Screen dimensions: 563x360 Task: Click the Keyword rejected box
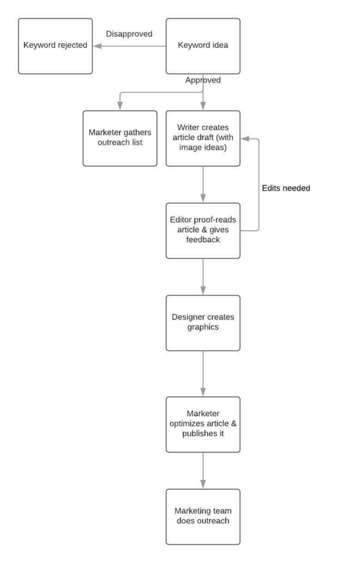click(x=55, y=46)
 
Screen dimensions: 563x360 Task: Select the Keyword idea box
click(x=203, y=46)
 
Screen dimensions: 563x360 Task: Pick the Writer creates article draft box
click(x=203, y=138)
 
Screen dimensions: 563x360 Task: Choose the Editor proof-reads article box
click(x=203, y=230)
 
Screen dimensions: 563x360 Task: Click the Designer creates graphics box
click(x=203, y=323)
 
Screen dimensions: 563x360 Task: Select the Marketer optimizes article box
click(x=203, y=424)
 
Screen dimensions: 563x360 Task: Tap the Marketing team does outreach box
click(x=203, y=516)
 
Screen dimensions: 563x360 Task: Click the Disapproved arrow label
click(x=129, y=34)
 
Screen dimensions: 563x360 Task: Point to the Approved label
click(x=203, y=80)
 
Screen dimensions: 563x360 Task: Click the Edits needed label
click(x=286, y=188)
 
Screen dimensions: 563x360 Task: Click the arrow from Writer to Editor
click(x=203, y=184)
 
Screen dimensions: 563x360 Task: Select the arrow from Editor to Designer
click(x=203, y=277)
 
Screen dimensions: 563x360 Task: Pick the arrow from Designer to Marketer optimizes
click(x=203, y=373)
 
